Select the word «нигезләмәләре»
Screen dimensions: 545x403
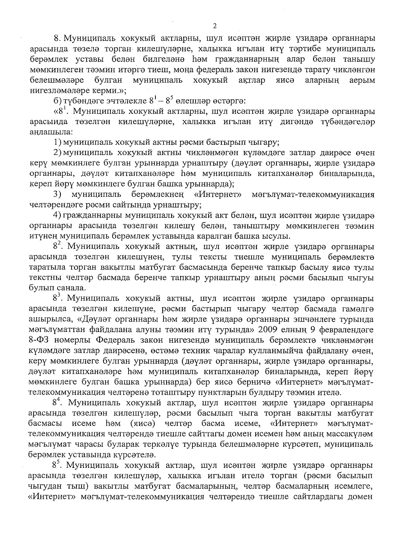point(52,90)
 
